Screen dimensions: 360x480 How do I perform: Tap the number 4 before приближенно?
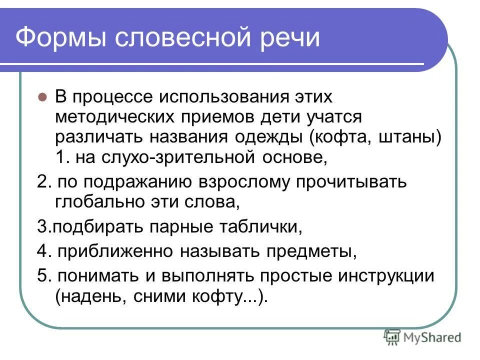click(x=41, y=251)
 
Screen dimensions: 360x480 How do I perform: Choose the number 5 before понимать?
click(x=41, y=276)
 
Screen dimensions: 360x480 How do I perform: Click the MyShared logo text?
click(x=433, y=337)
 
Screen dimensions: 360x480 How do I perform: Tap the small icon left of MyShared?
click(x=392, y=337)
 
